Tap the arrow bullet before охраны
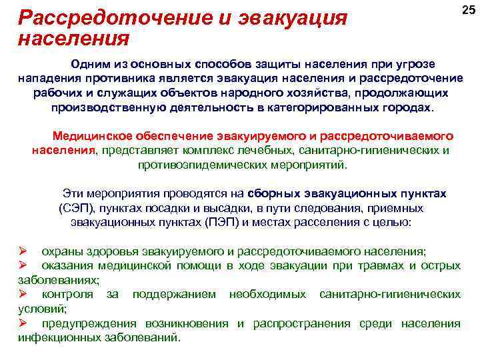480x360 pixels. (x=22, y=251)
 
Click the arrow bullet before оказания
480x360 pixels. (x=22, y=266)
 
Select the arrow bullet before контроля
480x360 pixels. (x=22, y=294)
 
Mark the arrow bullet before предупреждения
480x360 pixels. (x=22, y=323)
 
